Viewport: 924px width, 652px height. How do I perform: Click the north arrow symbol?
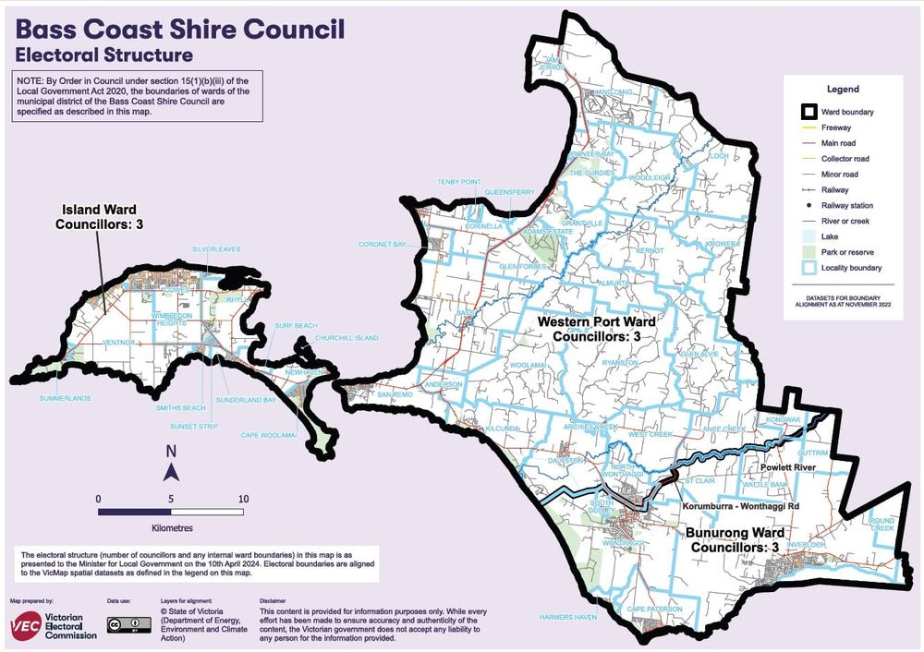171,466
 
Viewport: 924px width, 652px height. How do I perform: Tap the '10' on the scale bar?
244,499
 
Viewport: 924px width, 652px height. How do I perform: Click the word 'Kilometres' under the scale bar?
171,528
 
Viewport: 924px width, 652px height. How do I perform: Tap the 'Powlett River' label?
784,468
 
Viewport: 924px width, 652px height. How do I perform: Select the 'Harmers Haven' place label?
564,617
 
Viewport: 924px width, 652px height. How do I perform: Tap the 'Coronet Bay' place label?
383,245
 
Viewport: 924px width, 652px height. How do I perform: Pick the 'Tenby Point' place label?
459,182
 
